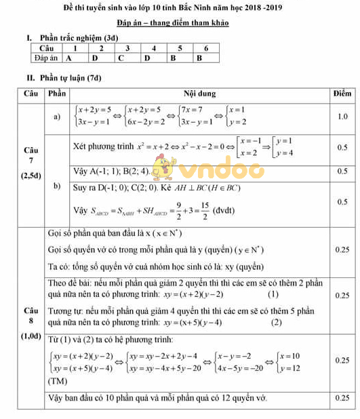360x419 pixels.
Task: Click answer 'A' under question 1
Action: (69, 58)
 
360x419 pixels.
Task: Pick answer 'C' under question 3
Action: (121, 58)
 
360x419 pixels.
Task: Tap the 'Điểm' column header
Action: (342, 93)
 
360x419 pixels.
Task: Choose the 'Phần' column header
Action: (56, 93)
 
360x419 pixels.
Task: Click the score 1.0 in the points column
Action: (342, 117)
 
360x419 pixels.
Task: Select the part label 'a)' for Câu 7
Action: (57, 117)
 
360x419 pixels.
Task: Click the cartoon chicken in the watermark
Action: (161, 166)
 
